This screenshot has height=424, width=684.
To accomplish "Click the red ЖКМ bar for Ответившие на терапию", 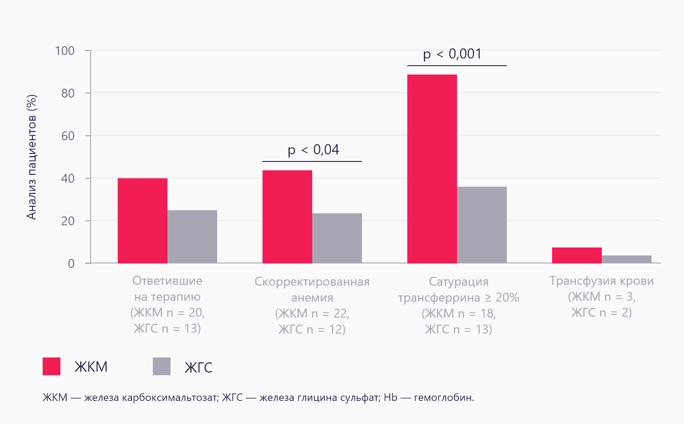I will (143, 221).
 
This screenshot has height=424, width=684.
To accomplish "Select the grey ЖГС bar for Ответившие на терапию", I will (192, 237).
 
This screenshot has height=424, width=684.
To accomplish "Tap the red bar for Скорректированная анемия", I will (287, 217).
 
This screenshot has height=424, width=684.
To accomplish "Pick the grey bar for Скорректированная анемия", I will (337, 239).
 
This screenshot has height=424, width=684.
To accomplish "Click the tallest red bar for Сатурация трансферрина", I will (432, 169).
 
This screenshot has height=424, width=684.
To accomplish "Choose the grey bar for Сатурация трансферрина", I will (482, 225).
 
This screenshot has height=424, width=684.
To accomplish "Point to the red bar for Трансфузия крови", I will (577, 255).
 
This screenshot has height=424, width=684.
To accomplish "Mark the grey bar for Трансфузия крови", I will (627, 259).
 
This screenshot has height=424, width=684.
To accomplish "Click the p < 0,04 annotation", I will (313, 150).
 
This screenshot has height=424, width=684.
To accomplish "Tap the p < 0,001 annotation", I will (452, 54).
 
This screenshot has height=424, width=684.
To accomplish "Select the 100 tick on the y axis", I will (65, 51).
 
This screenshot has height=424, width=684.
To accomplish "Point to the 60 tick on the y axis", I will (68, 136).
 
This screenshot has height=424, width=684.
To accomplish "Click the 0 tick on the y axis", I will (71, 263).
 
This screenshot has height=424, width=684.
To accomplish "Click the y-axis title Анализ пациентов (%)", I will (31, 157).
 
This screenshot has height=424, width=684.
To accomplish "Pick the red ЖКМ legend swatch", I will (52, 366).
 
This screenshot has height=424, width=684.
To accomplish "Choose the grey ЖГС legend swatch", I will (162, 366).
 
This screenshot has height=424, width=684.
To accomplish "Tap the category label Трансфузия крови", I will (601, 281).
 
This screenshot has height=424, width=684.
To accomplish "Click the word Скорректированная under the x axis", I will (312, 282).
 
